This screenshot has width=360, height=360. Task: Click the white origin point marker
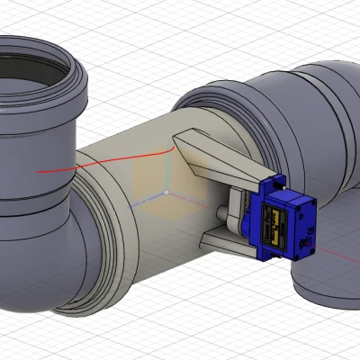(x=166, y=193)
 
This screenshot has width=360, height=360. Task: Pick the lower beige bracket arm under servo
(x=225, y=238)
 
